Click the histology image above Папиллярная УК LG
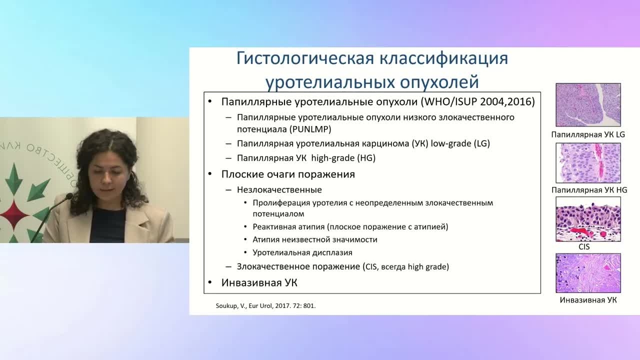[588, 104]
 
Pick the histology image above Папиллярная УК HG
[588, 163]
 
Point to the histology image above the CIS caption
[588, 219]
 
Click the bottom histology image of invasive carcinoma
[588, 273]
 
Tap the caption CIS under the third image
[583, 247]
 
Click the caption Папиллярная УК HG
[589, 190]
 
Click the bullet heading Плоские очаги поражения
[288, 174]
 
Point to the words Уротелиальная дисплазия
[302, 252]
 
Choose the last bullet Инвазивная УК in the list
[259, 283]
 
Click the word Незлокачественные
[279, 190]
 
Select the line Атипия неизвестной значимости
[314, 239]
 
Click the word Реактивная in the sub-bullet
[274, 227]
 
